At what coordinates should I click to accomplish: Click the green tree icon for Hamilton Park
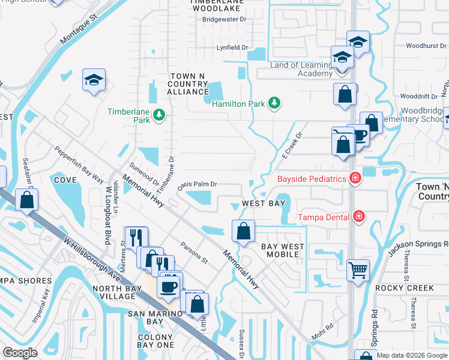tap(274, 103)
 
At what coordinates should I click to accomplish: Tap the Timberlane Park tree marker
tap(159, 115)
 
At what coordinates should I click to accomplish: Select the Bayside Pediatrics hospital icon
tap(356, 178)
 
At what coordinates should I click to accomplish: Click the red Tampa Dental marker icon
tap(359, 216)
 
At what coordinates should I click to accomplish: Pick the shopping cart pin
tap(358, 270)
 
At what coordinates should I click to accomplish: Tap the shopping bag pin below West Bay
tap(243, 231)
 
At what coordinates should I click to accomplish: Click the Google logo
tap(20, 353)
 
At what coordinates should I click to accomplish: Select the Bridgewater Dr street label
tap(224, 19)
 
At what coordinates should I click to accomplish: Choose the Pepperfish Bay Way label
tap(79, 164)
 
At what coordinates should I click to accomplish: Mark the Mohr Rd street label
tap(322, 331)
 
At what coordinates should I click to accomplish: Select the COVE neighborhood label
tap(65, 180)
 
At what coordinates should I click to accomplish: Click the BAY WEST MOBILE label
tap(282, 250)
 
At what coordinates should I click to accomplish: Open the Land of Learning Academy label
tap(302, 69)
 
